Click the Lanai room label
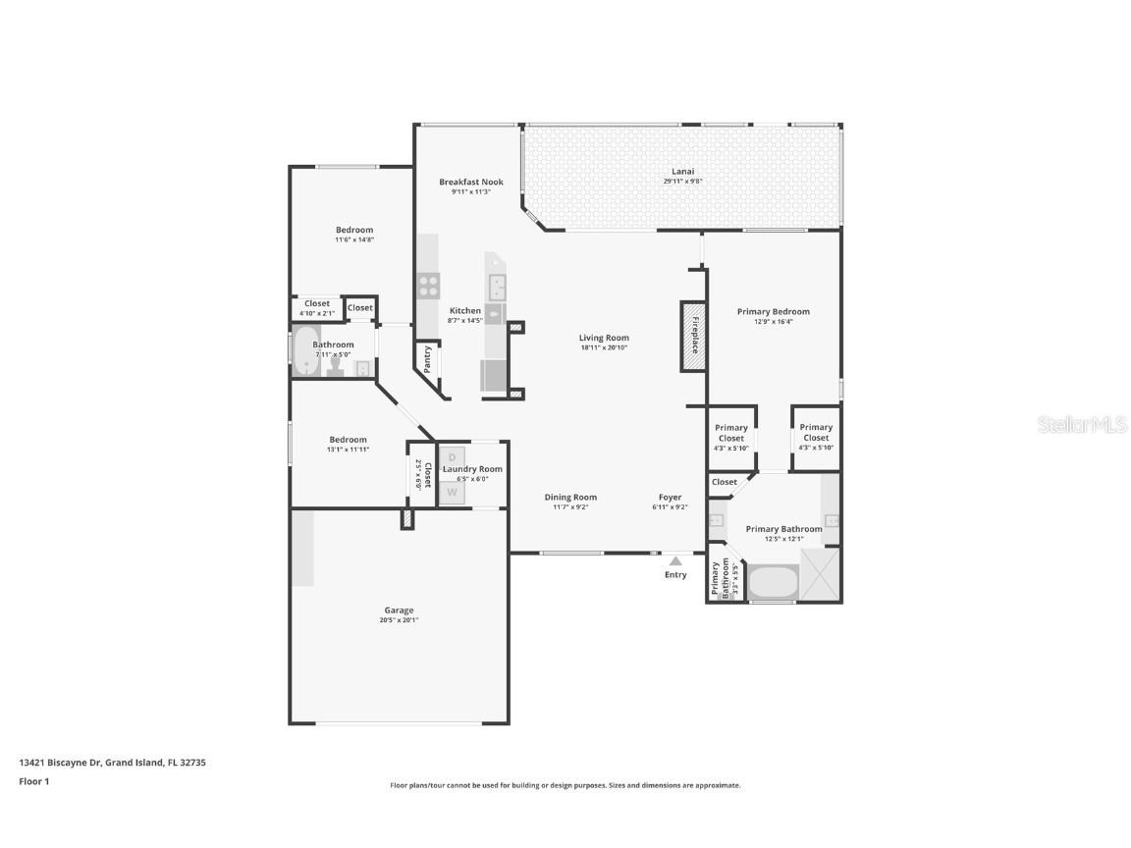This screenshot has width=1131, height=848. click(682, 171)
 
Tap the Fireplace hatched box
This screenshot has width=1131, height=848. click(694, 336)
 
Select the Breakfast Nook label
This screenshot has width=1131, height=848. click(471, 182)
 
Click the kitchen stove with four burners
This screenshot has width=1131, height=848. click(429, 286)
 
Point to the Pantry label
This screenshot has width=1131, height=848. click(427, 358)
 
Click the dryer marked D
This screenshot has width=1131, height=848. click(453, 457)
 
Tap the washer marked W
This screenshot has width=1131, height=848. click(453, 493)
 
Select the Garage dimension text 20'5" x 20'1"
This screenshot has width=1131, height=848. click(399, 620)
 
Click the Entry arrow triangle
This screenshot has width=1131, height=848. click(675, 561)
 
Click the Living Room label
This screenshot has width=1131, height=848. click(604, 338)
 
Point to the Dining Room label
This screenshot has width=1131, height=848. click(570, 497)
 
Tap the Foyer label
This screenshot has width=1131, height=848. click(671, 497)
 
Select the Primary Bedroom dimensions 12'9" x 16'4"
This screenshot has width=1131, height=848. click(774, 322)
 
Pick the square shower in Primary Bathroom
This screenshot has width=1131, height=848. click(820, 574)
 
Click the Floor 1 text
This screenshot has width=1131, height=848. click(33, 781)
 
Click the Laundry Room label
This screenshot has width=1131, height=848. click(472, 469)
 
